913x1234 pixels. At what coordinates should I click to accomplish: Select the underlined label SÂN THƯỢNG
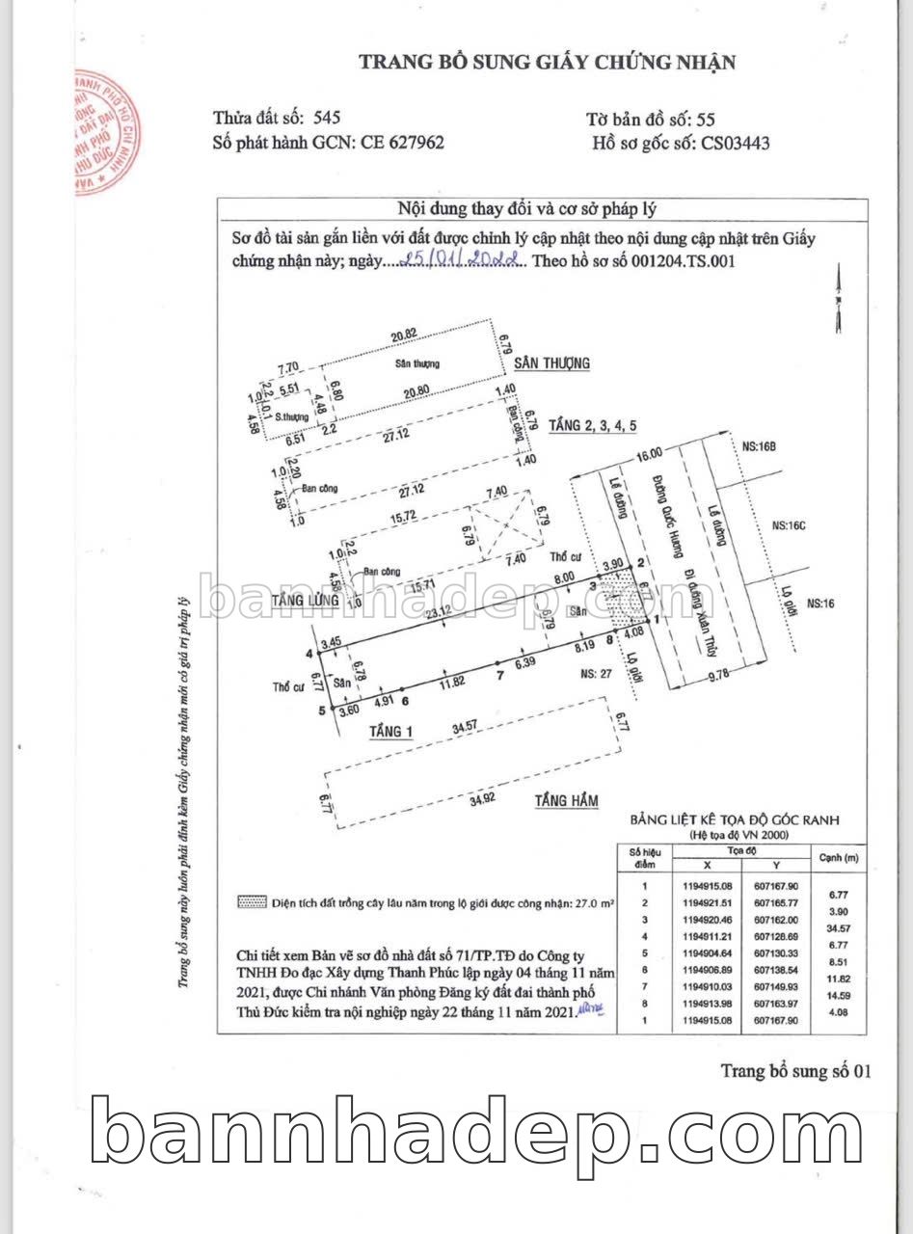tap(551, 363)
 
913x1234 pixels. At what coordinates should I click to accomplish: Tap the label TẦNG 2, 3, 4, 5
tap(593, 425)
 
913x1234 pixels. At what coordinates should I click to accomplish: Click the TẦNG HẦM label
tap(567, 800)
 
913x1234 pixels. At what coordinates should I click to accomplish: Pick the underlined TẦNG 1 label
tap(390, 732)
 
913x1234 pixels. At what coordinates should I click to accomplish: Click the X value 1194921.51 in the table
tap(707, 903)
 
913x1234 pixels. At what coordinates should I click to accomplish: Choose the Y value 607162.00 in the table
tap(779, 921)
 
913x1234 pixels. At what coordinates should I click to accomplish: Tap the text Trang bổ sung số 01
tap(795, 1071)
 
